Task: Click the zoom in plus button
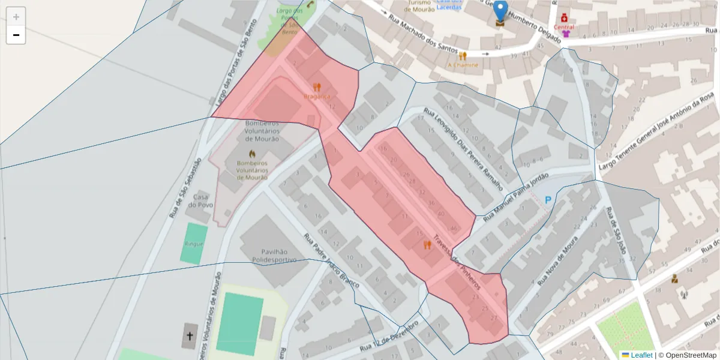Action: (x=16, y=16)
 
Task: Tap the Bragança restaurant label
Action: (x=317, y=96)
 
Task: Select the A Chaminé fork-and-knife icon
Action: (x=463, y=56)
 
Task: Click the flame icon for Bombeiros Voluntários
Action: (x=252, y=154)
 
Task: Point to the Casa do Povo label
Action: (x=200, y=201)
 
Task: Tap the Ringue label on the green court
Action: (x=194, y=244)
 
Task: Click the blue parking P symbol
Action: (x=547, y=200)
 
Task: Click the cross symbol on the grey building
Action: (x=190, y=336)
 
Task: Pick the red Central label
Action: (x=564, y=27)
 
